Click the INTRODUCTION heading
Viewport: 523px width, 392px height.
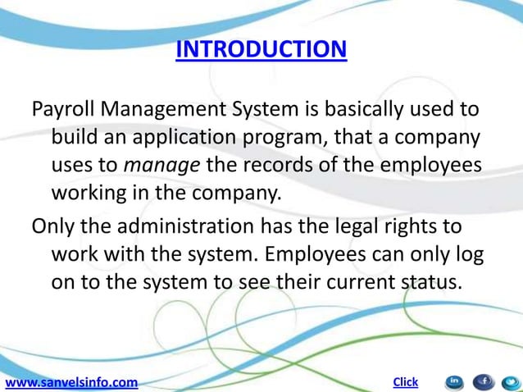tap(261, 50)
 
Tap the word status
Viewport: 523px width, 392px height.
tap(431, 282)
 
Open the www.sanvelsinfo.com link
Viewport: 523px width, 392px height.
tap(71, 382)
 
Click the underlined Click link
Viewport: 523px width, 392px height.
tap(406, 381)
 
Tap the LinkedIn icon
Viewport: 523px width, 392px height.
tap(454, 381)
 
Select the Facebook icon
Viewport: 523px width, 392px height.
tap(483, 381)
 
